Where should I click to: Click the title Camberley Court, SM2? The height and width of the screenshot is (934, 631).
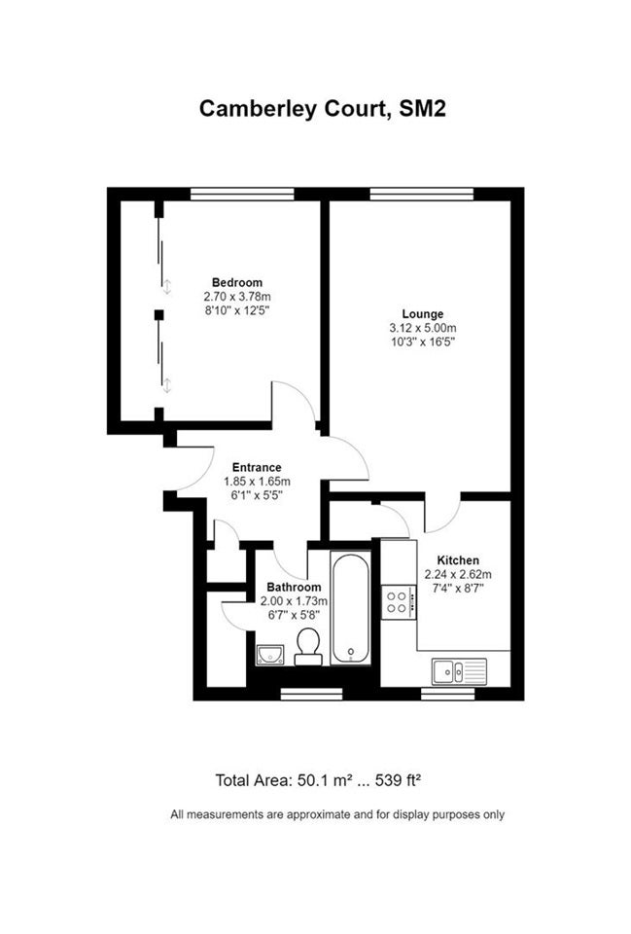click(322, 109)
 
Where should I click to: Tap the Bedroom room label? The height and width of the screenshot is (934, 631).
click(237, 282)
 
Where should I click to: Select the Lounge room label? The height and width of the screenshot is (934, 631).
click(423, 314)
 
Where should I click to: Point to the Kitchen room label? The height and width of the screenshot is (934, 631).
click(458, 560)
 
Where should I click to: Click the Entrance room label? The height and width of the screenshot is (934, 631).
click(257, 468)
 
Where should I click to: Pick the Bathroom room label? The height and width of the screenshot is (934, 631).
click(294, 588)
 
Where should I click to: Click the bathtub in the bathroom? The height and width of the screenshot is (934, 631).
click(351, 608)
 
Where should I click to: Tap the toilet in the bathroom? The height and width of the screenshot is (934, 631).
click(308, 646)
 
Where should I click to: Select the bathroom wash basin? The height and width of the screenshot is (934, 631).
click(270, 655)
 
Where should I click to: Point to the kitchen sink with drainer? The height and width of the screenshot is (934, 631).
click(460, 672)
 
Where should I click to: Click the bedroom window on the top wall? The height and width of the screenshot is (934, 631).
click(242, 195)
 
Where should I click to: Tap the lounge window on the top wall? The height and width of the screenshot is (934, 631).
click(421, 195)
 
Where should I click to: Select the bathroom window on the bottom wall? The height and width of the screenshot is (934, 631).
click(311, 694)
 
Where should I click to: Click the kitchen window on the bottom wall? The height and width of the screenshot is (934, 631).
click(448, 694)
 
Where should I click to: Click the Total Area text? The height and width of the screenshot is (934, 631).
click(319, 780)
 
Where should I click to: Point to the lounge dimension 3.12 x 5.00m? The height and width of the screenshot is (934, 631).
click(423, 328)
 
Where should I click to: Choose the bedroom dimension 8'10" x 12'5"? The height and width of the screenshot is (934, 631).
click(237, 310)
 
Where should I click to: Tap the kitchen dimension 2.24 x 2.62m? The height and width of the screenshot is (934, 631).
click(458, 575)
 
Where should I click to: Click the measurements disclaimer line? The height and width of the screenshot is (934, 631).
click(337, 814)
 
